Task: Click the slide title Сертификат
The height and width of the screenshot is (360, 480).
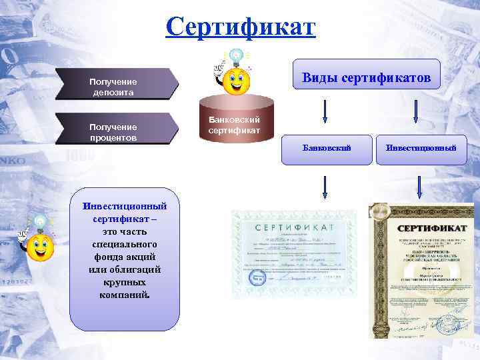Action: (240, 28)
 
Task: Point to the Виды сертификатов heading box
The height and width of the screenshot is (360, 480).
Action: (367, 79)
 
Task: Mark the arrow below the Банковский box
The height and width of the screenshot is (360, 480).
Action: (325, 187)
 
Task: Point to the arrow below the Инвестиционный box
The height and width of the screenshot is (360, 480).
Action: (418, 187)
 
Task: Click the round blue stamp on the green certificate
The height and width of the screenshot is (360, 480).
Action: (256, 277)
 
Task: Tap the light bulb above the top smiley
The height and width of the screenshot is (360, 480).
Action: (236, 56)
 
